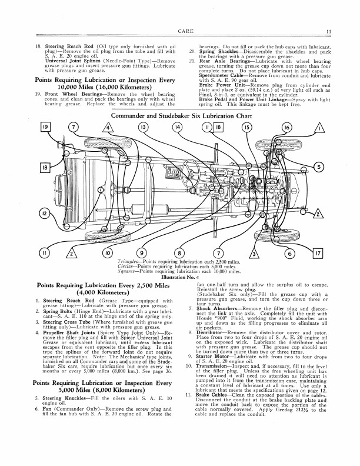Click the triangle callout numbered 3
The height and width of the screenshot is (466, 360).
coord(254,255)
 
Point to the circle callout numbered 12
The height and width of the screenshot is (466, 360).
coord(44,213)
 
